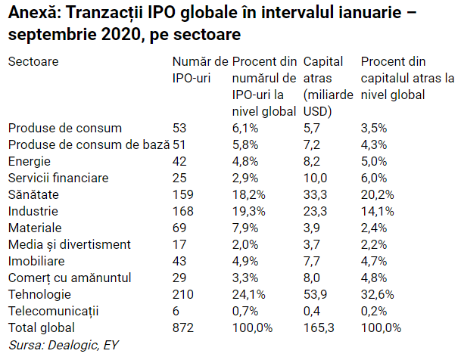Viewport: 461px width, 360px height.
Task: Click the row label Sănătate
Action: pyautogui.click(x=33, y=194)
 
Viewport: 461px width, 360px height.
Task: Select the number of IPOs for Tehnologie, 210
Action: pyautogui.click(x=183, y=294)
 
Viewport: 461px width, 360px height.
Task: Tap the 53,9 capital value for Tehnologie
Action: pyautogui.click(x=315, y=294)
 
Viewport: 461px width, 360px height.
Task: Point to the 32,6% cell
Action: pyautogui.click(x=379, y=294)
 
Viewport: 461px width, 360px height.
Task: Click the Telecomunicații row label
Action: pyautogui.click(x=54, y=311)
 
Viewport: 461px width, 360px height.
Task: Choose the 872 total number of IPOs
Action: pyautogui.click(x=183, y=327)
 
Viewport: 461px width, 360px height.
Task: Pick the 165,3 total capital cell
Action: pyautogui.click(x=319, y=327)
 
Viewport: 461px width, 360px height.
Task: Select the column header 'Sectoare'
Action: pyautogui.click(x=33, y=62)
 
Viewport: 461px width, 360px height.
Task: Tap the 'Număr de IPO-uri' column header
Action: pyautogui.click(x=200, y=70)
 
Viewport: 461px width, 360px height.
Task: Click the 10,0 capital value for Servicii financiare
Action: pyautogui.click(x=315, y=178)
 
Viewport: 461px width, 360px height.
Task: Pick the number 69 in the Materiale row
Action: pyautogui.click(x=179, y=228)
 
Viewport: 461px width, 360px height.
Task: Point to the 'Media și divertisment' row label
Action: pyautogui.click(x=70, y=244)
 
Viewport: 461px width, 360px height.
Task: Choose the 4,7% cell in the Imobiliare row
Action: pyautogui.click(x=375, y=261)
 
